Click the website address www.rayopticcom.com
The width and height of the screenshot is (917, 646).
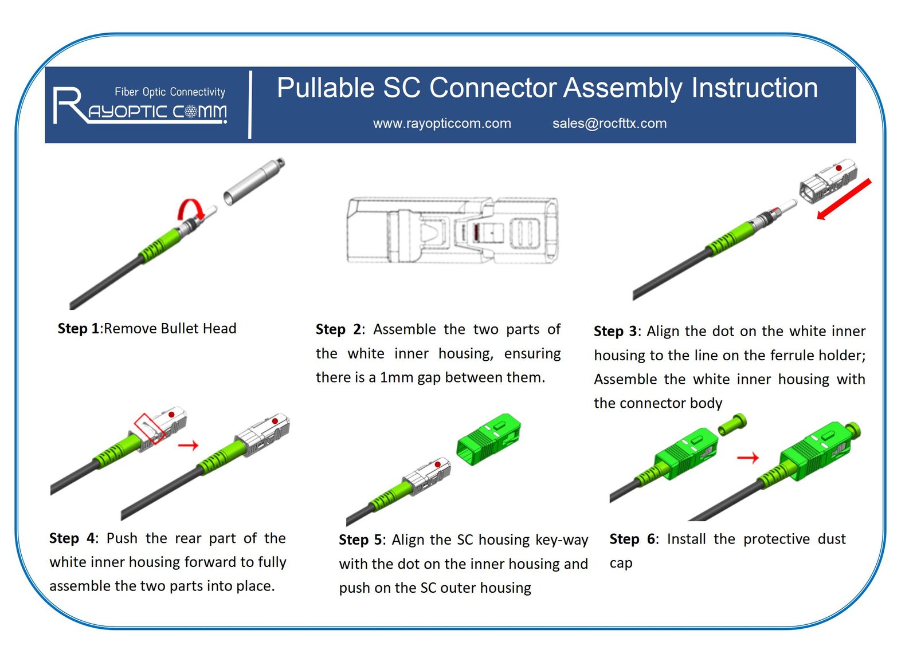point(442,124)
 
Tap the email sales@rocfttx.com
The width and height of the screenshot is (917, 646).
point(609,124)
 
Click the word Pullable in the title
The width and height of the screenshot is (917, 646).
point(325,88)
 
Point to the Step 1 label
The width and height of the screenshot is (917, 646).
point(79,329)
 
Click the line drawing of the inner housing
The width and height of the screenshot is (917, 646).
point(452,230)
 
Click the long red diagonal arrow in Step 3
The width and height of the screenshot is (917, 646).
point(844,199)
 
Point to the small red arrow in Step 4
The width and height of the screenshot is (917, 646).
point(188,445)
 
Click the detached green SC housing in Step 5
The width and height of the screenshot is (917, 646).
point(488,439)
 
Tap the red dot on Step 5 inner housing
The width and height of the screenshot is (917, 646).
point(438,464)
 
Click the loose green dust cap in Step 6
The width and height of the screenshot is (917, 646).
point(732,425)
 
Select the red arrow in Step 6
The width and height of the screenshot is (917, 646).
point(747,458)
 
